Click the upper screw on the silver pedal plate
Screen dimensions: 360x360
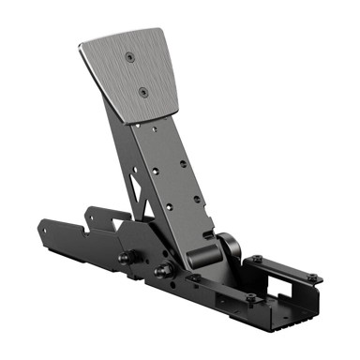(x=127, y=57)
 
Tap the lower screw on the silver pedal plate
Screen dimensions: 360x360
(x=142, y=93)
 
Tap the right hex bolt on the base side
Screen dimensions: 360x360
(x=165, y=271)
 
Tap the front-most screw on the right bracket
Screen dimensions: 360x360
(x=251, y=298)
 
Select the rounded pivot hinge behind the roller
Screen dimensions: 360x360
(x=228, y=245)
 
